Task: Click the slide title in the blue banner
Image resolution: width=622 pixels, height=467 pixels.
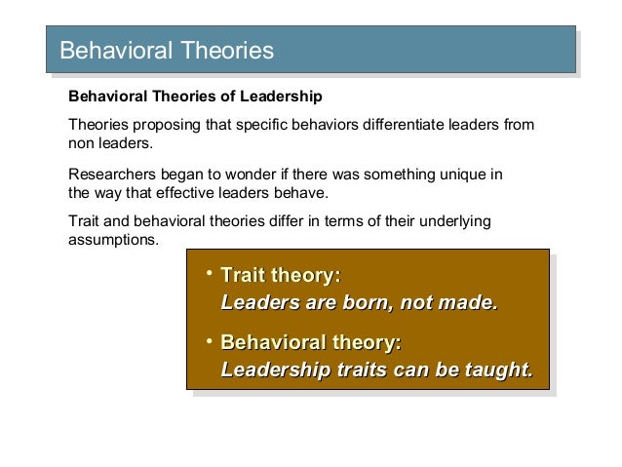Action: point(167,48)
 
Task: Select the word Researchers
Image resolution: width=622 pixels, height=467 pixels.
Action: point(108,175)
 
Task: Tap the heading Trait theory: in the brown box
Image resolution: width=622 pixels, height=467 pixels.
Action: point(280,276)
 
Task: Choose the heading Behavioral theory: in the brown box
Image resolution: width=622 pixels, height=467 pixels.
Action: point(311,343)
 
